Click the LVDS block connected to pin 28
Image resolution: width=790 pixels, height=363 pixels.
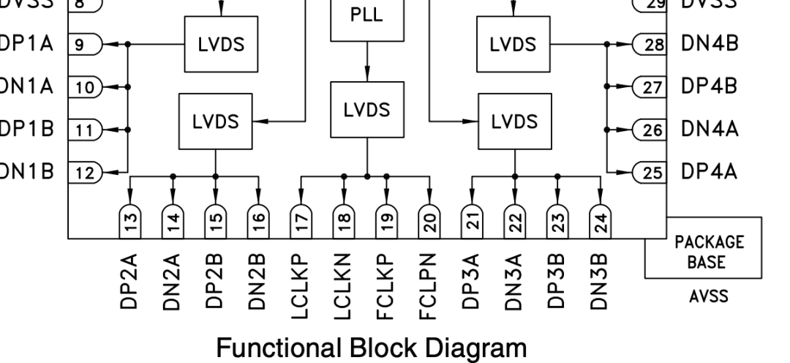click(515, 45)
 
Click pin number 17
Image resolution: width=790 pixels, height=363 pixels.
click(301, 220)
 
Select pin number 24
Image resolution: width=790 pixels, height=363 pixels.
click(601, 220)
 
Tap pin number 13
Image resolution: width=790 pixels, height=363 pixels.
click(129, 220)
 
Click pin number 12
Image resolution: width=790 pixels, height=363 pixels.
click(86, 173)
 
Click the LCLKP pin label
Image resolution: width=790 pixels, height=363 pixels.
click(301, 285)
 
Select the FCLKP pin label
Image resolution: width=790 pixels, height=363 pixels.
click(386, 285)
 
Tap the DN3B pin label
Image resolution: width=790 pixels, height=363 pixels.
click(601, 286)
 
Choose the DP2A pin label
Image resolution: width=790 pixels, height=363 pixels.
click(129, 286)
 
